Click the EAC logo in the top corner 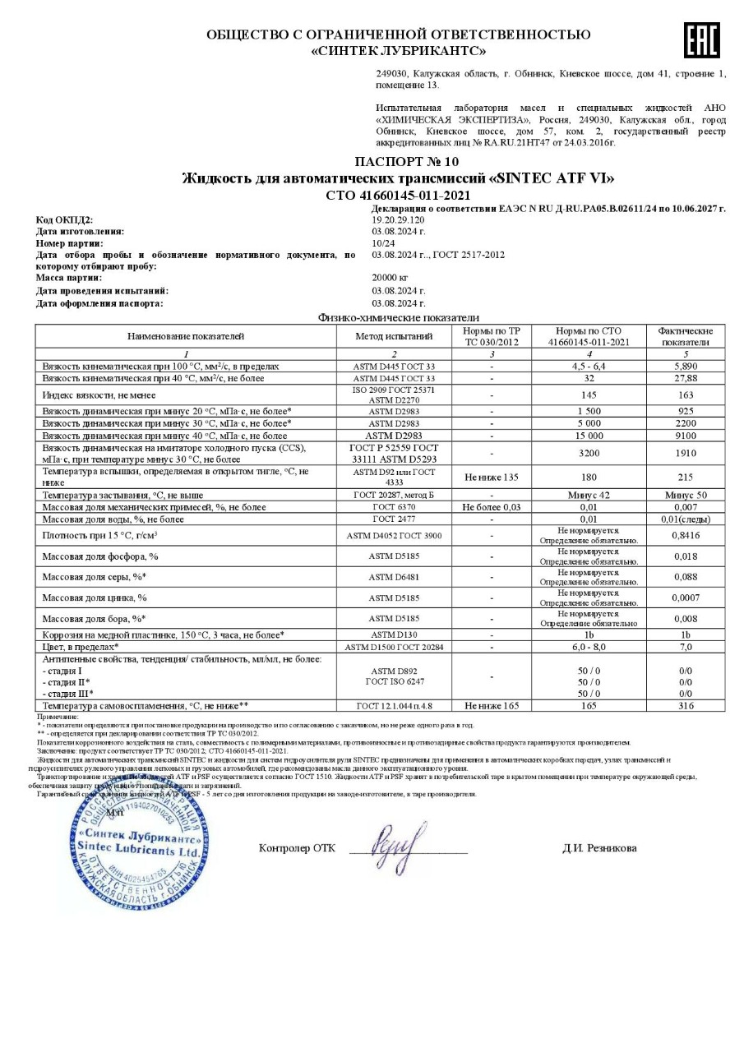click(x=701, y=40)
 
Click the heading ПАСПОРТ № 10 click(x=407, y=161)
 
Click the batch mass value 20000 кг click(x=390, y=279)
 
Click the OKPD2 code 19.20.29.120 click(x=399, y=220)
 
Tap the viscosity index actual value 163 click(x=686, y=395)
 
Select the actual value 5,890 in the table click(x=686, y=366)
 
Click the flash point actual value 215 click(x=686, y=477)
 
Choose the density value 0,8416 click(x=686, y=536)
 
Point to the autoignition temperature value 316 click(x=686, y=705)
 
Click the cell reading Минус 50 click(x=686, y=496)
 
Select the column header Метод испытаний click(x=394, y=336)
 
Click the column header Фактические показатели click(x=686, y=336)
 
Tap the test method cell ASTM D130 click(x=394, y=635)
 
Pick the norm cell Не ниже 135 click(x=492, y=477)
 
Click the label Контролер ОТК click(x=297, y=848)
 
